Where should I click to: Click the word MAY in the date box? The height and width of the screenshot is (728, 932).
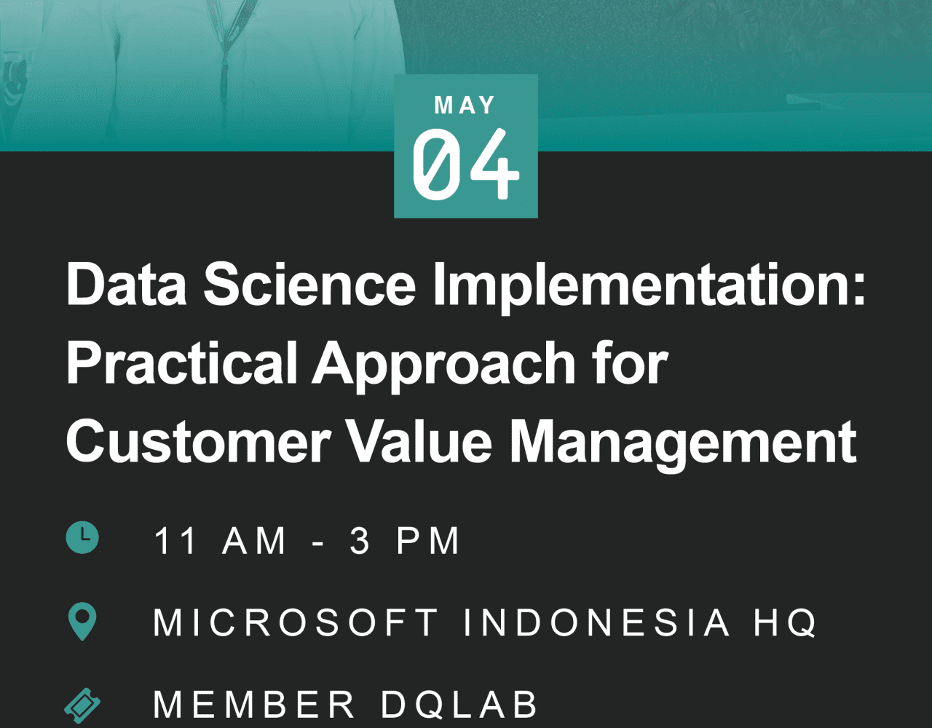click(465, 105)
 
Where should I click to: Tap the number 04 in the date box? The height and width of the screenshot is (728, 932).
click(466, 165)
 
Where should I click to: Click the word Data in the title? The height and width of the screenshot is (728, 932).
click(127, 284)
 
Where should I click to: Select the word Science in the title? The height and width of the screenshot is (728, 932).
click(309, 284)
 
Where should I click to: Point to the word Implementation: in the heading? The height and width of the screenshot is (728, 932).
click(649, 288)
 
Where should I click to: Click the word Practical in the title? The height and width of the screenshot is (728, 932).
click(182, 363)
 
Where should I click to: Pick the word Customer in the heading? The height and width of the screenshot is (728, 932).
click(198, 442)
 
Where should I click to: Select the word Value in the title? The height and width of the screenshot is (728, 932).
click(419, 442)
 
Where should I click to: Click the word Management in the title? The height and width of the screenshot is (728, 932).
click(683, 446)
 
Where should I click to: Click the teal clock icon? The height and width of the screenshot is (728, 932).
click(82, 537)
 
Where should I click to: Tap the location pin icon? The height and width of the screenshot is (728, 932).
click(82, 621)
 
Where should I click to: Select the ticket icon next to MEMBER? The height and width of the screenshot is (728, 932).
click(82, 705)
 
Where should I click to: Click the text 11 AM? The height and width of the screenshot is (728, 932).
click(220, 541)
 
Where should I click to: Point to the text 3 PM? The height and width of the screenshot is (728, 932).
click(405, 541)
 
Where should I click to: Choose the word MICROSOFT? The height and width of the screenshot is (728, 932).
click(296, 622)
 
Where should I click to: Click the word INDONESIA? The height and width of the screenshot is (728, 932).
click(596, 622)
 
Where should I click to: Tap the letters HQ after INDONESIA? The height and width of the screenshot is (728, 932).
click(786, 622)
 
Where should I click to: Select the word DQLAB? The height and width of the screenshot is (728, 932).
click(459, 703)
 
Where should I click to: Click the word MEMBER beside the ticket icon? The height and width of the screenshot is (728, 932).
click(254, 703)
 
